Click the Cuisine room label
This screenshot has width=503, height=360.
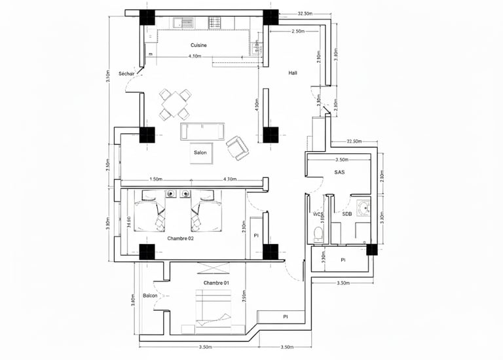point(199,45)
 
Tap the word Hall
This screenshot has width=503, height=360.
point(293,73)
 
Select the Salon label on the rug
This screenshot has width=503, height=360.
point(200,153)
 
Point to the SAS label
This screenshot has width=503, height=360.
point(339,173)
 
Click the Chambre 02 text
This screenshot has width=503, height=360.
point(180,239)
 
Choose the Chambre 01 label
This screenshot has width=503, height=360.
point(216,282)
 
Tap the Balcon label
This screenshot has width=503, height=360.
point(151,296)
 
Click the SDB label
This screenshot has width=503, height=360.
point(347,214)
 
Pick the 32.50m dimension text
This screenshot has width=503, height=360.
point(305,13)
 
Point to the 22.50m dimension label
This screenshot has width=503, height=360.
point(354,141)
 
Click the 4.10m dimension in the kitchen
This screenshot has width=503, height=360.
point(194,57)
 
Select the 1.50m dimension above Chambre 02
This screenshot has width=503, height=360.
point(156,179)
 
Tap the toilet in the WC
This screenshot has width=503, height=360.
point(318,234)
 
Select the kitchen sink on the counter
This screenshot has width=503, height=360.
point(184,23)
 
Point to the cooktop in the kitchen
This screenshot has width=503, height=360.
point(216,23)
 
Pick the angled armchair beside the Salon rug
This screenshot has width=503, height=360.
point(237,148)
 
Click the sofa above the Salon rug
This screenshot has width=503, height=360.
point(202,130)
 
